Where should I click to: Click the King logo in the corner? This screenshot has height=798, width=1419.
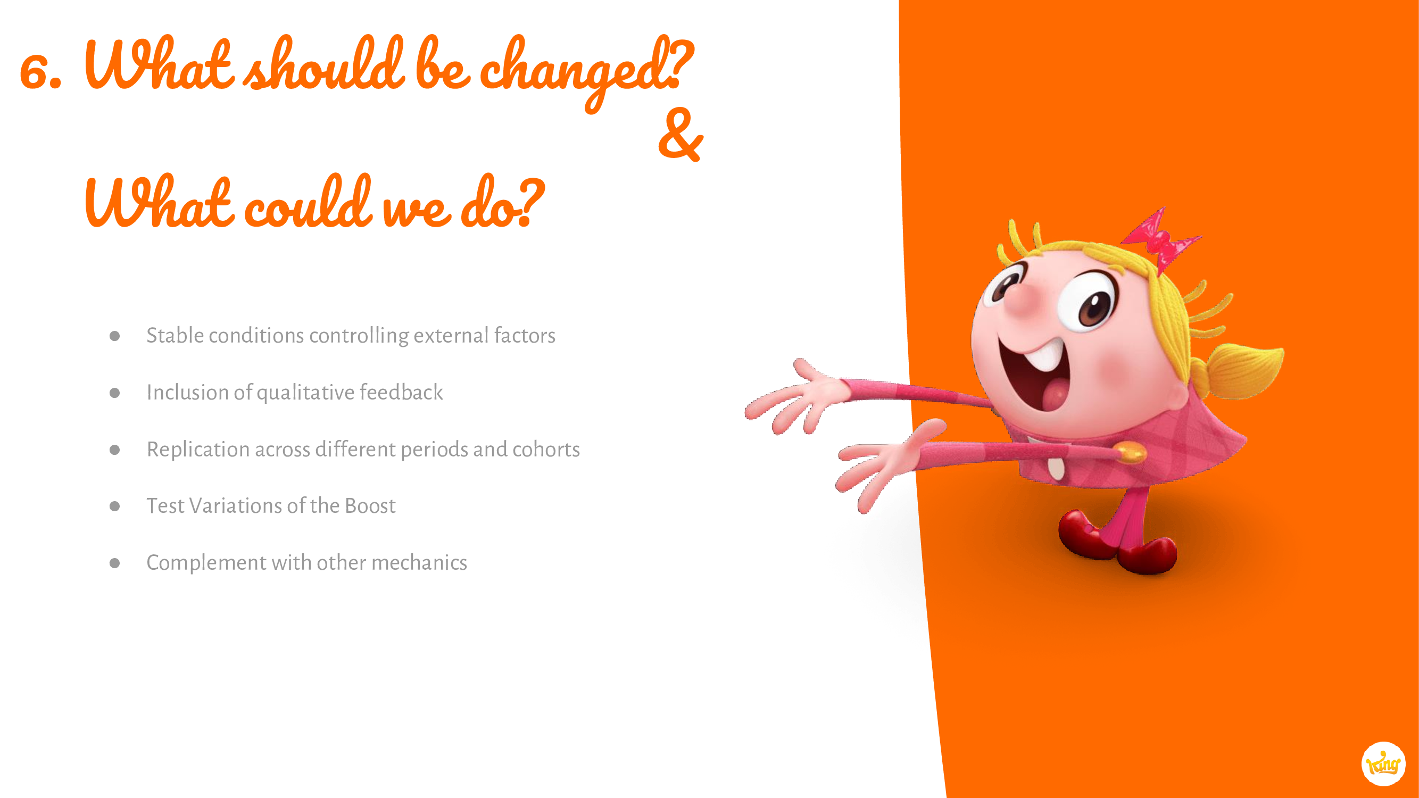[1383, 764]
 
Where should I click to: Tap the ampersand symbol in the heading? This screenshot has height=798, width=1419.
[681, 135]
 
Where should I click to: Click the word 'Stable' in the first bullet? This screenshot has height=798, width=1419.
[175, 335]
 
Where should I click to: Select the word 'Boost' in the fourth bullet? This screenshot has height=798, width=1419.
[370, 505]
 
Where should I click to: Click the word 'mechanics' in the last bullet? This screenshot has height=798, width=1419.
[419, 562]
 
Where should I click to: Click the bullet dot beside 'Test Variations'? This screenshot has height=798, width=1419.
[114, 506]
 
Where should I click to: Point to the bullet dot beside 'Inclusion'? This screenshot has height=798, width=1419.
[114, 393]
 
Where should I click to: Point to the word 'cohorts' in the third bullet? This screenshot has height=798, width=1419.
[546, 450]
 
